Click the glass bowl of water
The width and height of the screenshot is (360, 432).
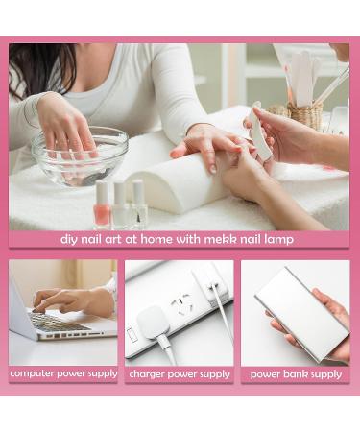coord(80,156)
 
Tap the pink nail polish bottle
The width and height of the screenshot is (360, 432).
coord(102,204)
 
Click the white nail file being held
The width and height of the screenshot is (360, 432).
coord(260,132)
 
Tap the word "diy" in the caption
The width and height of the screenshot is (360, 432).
coord(69,239)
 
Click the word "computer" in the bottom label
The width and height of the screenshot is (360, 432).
coord(31,373)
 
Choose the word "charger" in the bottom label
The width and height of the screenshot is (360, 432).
coord(147,374)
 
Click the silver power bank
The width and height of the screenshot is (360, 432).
coord(302,314)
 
